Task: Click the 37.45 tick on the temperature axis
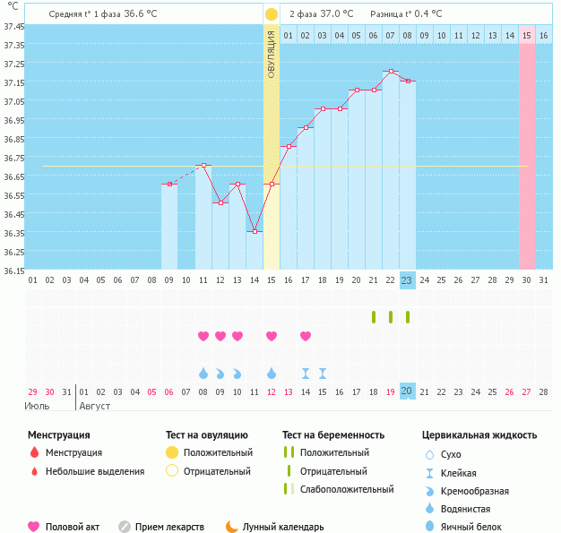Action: [13, 26]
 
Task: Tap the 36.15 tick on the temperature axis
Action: [13, 271]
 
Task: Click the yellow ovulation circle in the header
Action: [271, 14]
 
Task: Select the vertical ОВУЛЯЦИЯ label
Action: [272, 54]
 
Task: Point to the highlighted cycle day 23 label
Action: [407, 280]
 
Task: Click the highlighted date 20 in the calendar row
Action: [407, 391]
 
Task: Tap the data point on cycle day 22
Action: [390, 71]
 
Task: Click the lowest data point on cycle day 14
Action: [255, 231]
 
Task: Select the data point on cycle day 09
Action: [169, 184]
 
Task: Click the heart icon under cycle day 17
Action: [306, 336]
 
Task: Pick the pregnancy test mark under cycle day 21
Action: [374, 316]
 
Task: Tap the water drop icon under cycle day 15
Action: [272, 373]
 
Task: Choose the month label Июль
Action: [37, 406]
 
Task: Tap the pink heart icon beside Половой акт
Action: [34, 527]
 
